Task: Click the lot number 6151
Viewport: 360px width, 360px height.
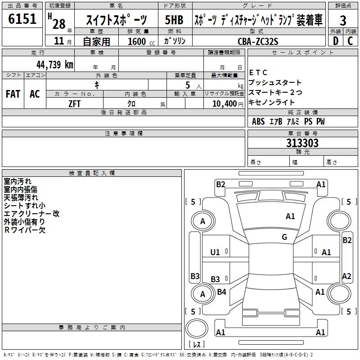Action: [22, 19]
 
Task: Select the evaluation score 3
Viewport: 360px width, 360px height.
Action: [343, 20]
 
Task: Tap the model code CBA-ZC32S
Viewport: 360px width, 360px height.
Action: [258, 41]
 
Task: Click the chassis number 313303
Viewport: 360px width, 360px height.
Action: [302, 143]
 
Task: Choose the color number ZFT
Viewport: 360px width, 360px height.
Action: [74, 103]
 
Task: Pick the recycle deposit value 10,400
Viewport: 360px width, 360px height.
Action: [223, 104]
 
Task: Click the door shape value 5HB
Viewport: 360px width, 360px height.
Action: [174, 20]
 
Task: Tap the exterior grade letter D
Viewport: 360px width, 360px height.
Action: [335, 41]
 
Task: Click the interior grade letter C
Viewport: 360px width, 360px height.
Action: [350, 41]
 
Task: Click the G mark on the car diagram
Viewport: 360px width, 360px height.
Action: [284, 237]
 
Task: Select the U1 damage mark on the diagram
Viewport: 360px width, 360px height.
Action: [215, 252]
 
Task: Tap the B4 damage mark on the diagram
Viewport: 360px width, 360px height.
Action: [222, 292]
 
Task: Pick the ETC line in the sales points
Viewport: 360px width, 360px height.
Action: [258, 72]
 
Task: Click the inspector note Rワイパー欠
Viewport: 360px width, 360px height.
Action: [24, 230]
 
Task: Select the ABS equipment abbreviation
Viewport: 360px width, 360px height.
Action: [258, 121]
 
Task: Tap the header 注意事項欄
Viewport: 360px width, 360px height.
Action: [123, 134]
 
